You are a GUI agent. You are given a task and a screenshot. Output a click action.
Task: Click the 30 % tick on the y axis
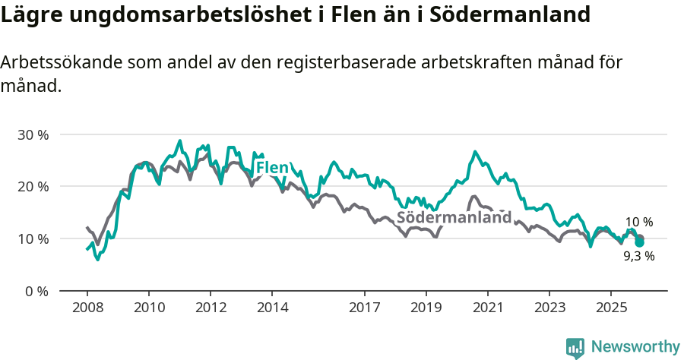pyautogui.click(x=33, y=134)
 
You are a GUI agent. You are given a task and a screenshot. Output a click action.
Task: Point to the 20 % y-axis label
pyautogui.click(x=33, y=187)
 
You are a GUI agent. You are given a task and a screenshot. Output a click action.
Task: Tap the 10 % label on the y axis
pyautogui.click(x=33, y=238)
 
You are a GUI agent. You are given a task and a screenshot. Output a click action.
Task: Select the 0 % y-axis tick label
pyautogui.click(x=36, y=291)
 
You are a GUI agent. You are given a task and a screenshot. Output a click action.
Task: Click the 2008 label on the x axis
pyautogui.click(x=87, y=308)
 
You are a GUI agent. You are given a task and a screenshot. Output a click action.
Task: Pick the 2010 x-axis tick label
pyautogui.click(x=148, y=308)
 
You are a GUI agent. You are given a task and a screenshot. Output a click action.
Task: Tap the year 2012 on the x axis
pyautogui.click(x=210, y=308)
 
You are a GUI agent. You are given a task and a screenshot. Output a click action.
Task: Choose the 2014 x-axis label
pyautogui.click(x=272, y=308)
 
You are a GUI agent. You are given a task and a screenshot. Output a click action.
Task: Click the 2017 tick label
pyautogui.click(x=364, y=308)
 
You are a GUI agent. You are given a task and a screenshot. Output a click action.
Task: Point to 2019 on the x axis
pyautogui.click(x=426, y=308)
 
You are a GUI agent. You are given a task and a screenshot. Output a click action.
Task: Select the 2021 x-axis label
pyautogui.click(x=487, y=308)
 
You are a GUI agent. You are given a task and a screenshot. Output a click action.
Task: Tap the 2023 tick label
pyautogui.click(x=549, y=308)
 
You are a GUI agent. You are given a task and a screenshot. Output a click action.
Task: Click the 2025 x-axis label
pyautogui.click(x=611, y=308)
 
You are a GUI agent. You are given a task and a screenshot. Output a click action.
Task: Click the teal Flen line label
pyautogui.click(x=271, y=168)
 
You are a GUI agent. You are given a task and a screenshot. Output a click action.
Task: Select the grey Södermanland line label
pyautogui.click(x=454, y=218)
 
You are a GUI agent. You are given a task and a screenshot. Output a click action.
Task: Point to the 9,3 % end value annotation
pyautogui.click(x=638, y=257)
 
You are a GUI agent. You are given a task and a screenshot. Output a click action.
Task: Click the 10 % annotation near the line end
pyautogui.click(x=638, y=223)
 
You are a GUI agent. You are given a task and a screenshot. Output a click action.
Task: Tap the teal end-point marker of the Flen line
pyautogui.click(x=640, y=242)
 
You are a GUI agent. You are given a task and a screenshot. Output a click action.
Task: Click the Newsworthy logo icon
pyautogui.click(x=575, y=347)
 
